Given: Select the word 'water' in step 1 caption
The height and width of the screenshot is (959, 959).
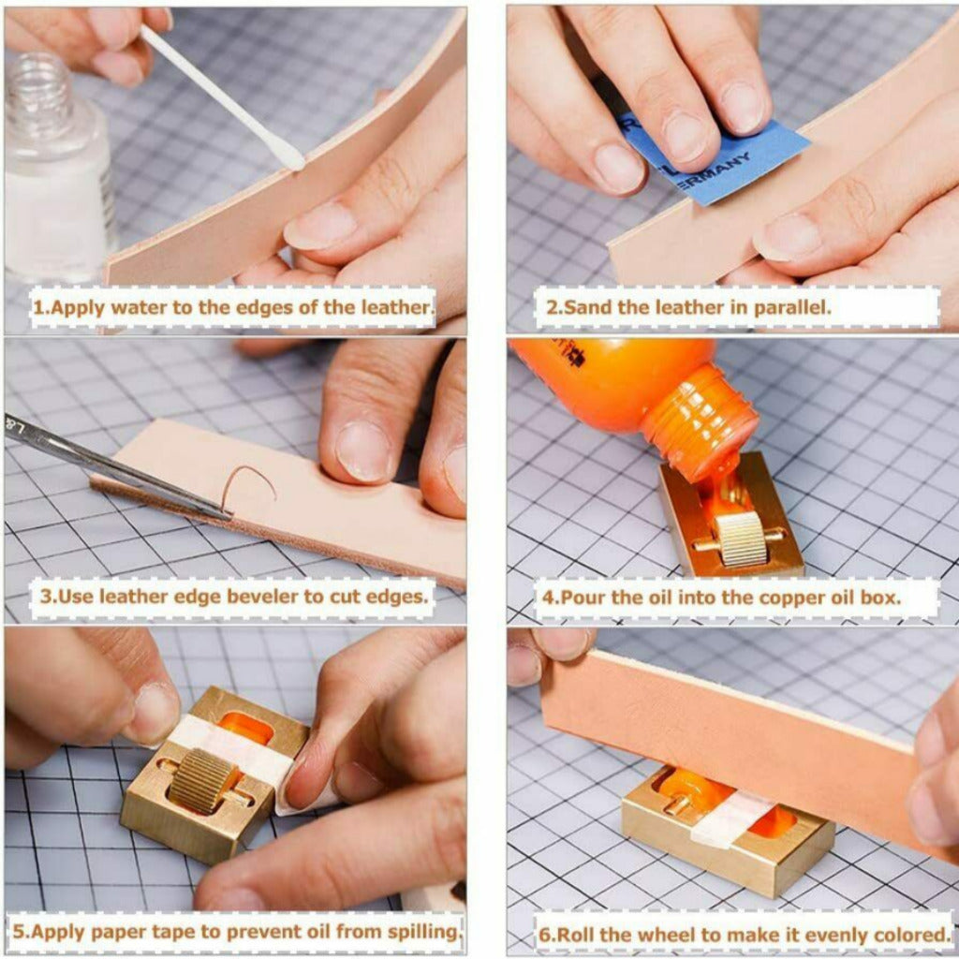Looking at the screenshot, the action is coord(141,306).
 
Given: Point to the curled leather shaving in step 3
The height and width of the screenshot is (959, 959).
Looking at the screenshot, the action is coord(247,484).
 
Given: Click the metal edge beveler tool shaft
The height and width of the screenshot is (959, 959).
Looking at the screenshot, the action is coord(116,468).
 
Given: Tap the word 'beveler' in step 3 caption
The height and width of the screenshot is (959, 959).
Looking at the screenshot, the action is coord(252,597).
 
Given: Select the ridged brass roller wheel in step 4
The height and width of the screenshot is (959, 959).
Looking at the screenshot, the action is coord(741,539).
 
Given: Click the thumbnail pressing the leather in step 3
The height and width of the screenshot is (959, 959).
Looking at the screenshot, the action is coord(365,451).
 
